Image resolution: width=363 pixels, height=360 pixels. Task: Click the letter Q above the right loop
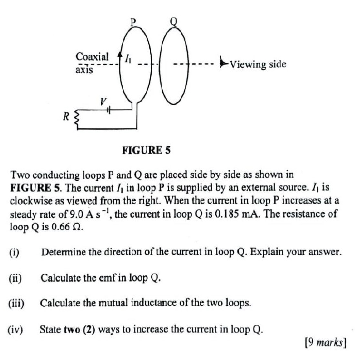pos(174,21)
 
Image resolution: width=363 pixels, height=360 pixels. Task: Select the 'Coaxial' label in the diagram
pos(92,57)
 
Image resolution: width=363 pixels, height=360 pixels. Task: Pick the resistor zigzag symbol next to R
pos(77,117)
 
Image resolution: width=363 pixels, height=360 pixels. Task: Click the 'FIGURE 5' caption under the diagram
pos(146,150)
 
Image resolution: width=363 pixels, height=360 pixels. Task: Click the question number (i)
pos(15,252)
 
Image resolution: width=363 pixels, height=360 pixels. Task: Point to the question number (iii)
pos(16,303)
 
